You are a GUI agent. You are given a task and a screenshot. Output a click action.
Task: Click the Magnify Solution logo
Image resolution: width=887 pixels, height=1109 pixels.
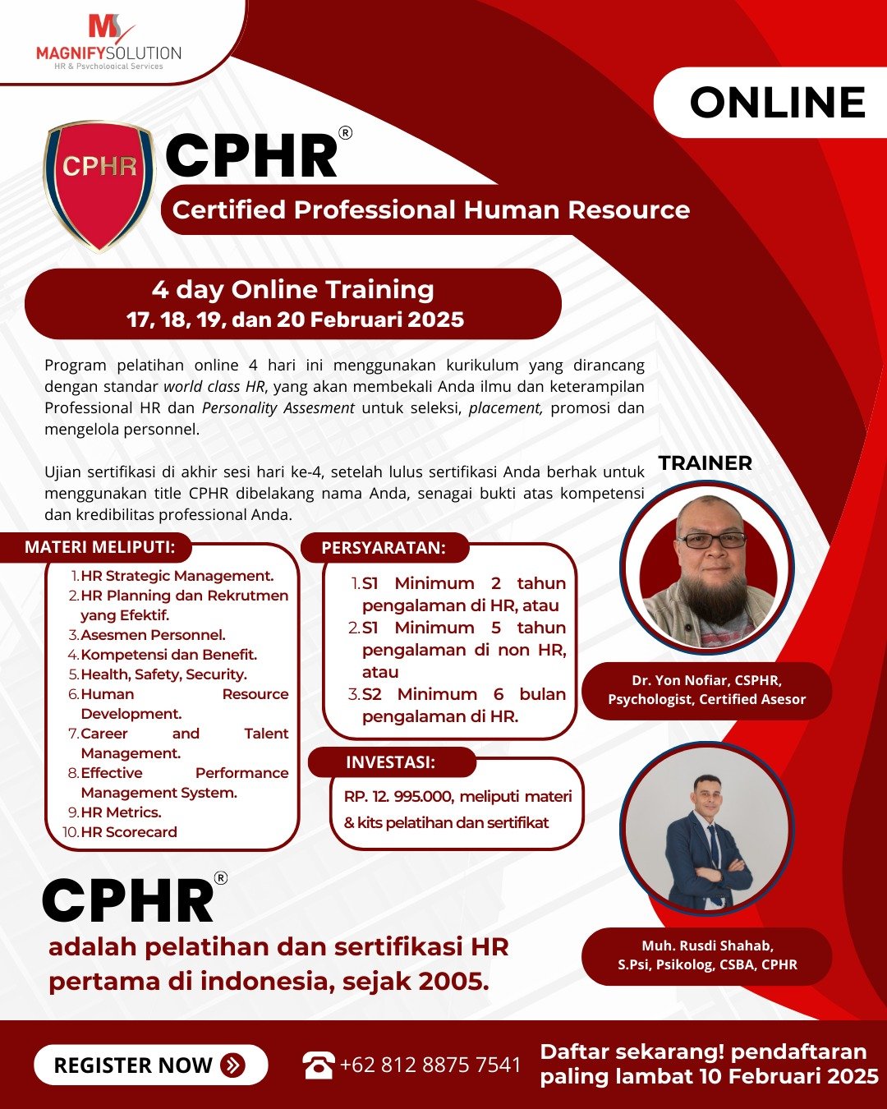click(x=108, y=43)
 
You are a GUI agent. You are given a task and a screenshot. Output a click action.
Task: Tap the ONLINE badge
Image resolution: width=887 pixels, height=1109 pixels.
click(x=771, y=102)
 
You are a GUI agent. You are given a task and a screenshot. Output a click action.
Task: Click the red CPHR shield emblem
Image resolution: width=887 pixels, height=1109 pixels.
click(x=99, y=186)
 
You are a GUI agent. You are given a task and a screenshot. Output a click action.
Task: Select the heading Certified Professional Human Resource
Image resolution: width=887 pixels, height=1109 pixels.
click(x=431, y=209)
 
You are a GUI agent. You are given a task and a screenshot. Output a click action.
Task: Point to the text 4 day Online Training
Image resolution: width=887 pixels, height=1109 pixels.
click(x=292, y=290)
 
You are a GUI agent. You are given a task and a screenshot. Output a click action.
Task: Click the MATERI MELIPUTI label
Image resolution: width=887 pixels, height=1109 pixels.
click(x=100, y=547)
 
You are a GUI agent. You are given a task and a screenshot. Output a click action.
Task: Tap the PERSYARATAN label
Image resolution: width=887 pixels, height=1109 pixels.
click(x=384, y=547)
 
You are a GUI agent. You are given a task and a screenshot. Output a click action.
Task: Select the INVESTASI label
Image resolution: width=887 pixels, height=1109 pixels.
click(x=391, y=762)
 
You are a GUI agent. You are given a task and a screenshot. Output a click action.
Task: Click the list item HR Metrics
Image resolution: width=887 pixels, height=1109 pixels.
click(x=121, y=812)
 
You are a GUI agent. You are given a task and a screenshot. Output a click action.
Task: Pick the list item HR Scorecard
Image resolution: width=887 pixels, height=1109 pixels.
click(x=129, y=831)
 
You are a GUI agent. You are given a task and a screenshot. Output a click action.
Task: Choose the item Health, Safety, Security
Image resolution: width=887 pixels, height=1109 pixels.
click(x=164, y=674)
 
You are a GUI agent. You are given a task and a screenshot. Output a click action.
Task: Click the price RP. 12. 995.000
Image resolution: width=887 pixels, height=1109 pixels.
click(x=398, y=797)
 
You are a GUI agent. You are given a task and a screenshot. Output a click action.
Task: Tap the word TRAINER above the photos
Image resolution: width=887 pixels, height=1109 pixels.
click(x=705, y=462)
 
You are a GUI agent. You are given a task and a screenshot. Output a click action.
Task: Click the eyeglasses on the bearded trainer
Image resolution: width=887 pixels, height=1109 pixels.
click(x=711, y=540)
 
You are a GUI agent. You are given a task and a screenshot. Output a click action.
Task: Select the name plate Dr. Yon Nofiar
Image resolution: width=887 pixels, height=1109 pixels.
click(x=706, y=690)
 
